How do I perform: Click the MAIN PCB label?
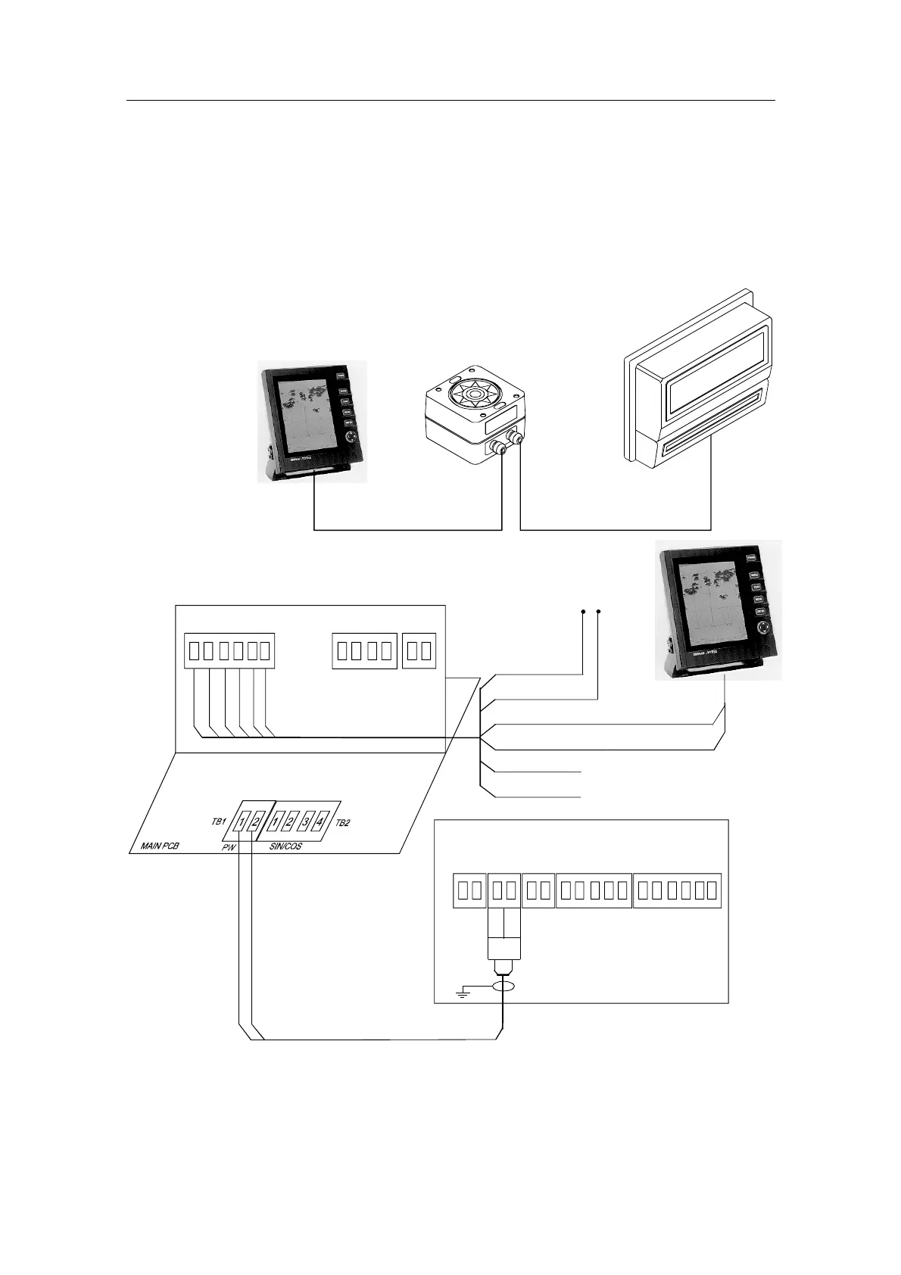click(x=160, y=846)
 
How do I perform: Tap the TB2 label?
click(x=343, y=823)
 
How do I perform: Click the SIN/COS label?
click(x=285, y=846)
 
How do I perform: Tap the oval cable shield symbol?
click(x=503, y=986)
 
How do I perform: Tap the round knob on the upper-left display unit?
click(x=349, y=438)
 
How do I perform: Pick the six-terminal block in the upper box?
click(x=229, y=650)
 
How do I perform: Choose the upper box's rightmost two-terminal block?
click(x=419, y=650)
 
